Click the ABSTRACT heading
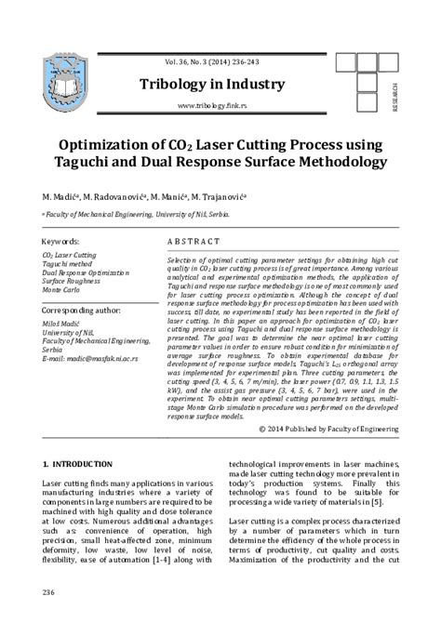[x=194, y=239]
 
